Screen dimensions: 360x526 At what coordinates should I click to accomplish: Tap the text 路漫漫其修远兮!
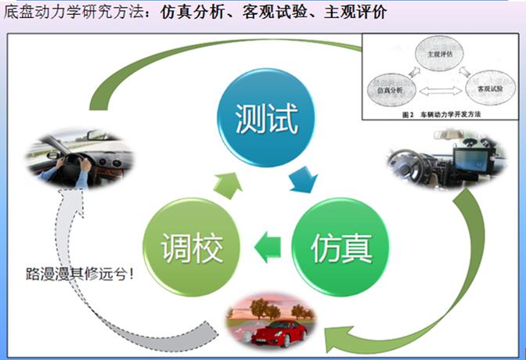[x=81, y=275]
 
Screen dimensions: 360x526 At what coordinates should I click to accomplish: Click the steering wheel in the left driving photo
[x=76, y=162]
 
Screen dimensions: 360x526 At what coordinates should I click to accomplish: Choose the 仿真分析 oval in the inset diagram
[x=391, y=92]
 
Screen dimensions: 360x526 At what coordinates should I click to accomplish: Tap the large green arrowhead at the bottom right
[x=337, y=337]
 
